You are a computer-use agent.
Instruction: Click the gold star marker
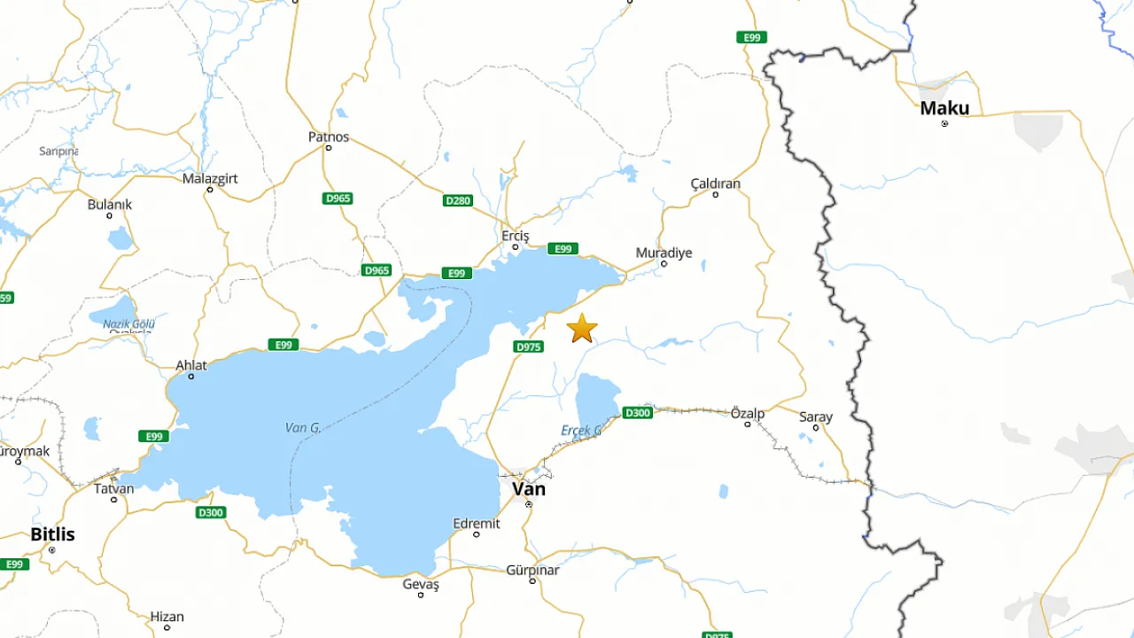point(582,328)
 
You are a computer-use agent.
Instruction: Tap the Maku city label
point(944,108)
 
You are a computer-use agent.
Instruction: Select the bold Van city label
point(529,488)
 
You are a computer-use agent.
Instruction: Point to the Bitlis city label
point(52,534)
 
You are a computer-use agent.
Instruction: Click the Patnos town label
point(329,137)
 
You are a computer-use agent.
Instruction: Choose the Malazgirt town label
point(210,178)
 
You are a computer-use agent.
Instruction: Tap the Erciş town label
point(515,236)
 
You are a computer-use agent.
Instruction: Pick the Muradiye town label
point(664,253)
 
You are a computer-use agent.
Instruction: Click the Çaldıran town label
point(715,183)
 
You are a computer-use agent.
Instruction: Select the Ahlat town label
point(191,365)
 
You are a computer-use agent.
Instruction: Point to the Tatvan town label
point(114,487)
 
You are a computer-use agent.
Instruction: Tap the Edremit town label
point(477,523)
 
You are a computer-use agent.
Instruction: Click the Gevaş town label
point(421,584)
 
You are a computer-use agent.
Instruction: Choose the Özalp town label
point(747,413)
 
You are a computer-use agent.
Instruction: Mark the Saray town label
point(816,416)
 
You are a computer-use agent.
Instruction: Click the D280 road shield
point(458,200)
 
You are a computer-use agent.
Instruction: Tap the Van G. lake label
point(303,428)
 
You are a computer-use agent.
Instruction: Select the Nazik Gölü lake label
point(128,324)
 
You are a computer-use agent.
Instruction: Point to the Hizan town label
point(167,617)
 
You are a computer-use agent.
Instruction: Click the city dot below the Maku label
point(944,123)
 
